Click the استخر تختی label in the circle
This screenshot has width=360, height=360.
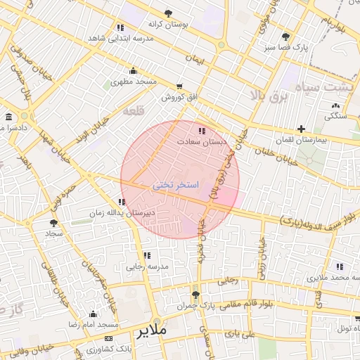pos(176,185)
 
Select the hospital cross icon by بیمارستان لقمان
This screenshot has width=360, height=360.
pos(301,129)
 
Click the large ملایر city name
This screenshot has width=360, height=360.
pos(151,329)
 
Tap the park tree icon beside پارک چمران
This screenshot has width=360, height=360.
pos(195,295)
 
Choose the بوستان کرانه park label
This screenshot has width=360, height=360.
pos(168,25)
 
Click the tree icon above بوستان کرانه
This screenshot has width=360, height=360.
pos(168,13)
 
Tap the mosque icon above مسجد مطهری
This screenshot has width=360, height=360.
pos(133,70)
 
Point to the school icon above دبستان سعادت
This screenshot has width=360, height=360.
pos(202,130)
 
